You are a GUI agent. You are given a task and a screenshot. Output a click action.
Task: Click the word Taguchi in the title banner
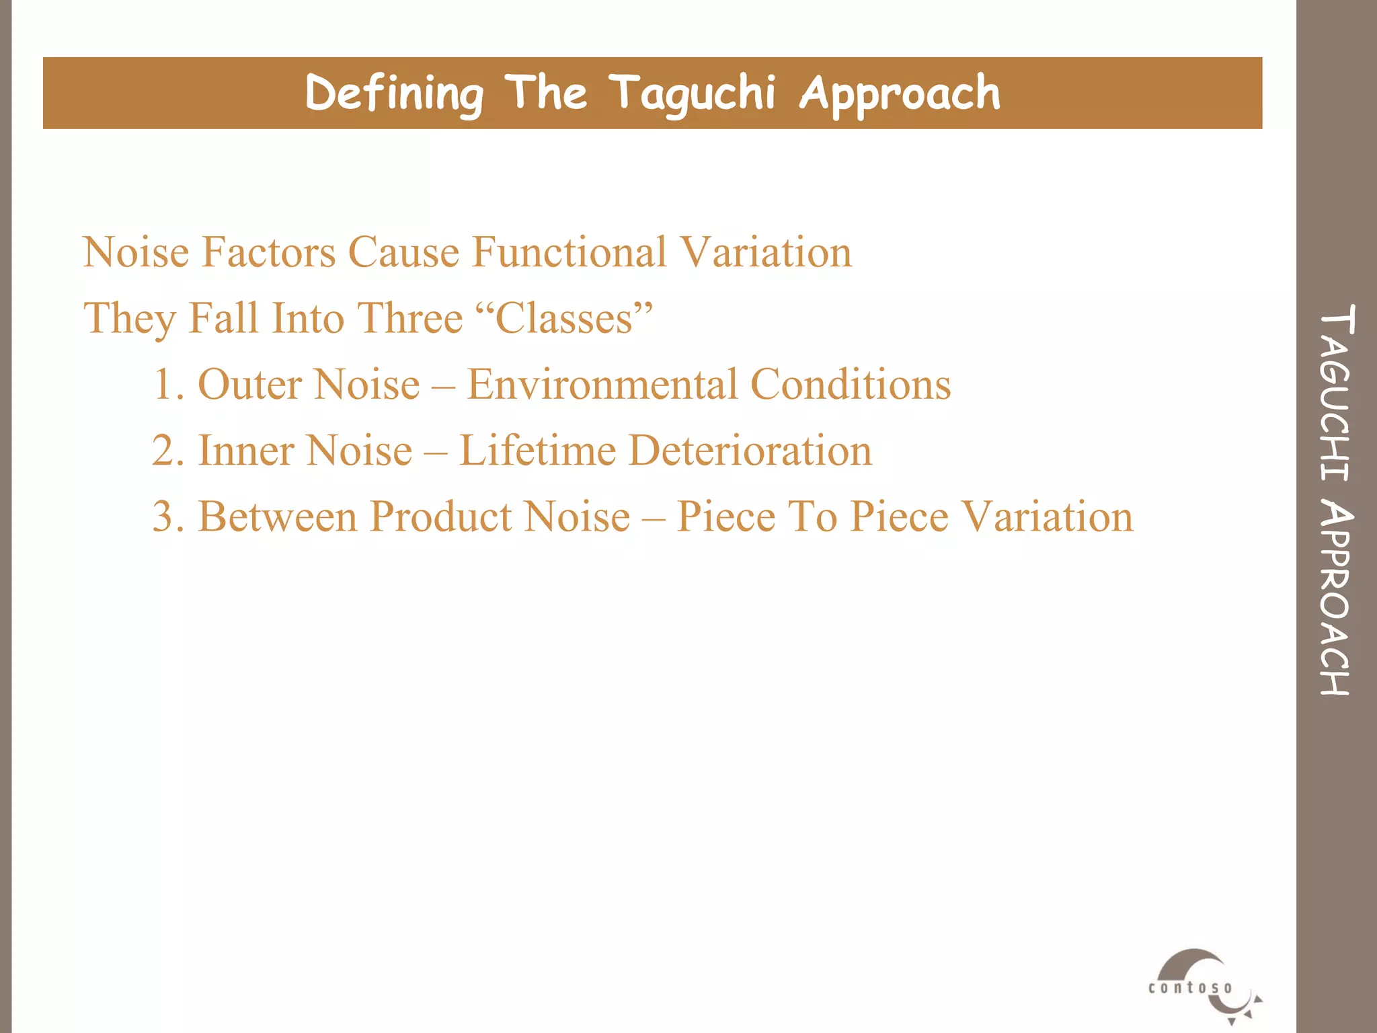[693, 93]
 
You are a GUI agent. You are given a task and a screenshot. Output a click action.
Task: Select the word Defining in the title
[394, 93]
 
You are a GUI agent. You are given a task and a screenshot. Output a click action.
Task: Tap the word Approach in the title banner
[900, 93]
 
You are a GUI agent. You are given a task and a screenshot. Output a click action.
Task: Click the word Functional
[569, 252]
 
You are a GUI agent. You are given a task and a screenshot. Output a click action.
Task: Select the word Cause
[403, 252]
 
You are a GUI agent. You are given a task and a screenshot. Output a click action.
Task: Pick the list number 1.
[167, 385]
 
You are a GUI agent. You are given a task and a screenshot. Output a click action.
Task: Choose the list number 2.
[167, 451]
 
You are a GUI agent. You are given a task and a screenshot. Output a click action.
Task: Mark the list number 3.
[167, 516]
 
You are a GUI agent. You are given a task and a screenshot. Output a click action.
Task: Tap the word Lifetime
[537, 451]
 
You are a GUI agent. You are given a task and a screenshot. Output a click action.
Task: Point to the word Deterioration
[750, 451]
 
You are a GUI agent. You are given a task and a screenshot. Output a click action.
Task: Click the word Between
[277, 516]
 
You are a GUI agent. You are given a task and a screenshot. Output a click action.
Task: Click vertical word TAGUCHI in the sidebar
[1336, 393]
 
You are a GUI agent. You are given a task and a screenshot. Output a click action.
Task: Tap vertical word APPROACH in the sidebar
[1336, 599]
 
